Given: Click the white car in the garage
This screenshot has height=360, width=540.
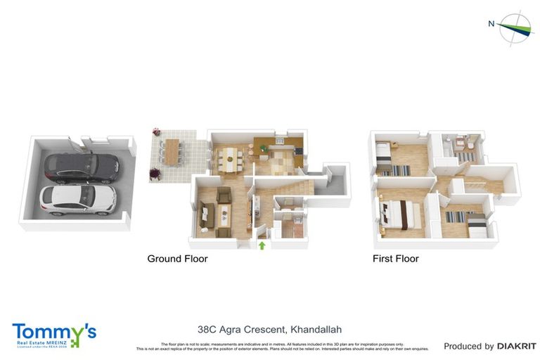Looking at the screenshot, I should (77, 199).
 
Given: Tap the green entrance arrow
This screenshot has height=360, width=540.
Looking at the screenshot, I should (262, 245).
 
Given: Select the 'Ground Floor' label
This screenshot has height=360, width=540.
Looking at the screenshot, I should (177, 259).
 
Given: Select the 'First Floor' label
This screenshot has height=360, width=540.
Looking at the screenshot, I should (395, 259).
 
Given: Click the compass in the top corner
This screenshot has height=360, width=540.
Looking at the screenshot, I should (517, 28).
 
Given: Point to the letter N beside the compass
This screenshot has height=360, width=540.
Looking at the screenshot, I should (491, 24).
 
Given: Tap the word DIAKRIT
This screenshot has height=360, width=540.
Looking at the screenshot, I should (517, 346).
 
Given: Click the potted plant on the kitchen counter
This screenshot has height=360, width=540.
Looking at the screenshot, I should (264, 148).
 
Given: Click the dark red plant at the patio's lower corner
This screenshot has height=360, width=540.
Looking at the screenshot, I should (155, 172).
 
